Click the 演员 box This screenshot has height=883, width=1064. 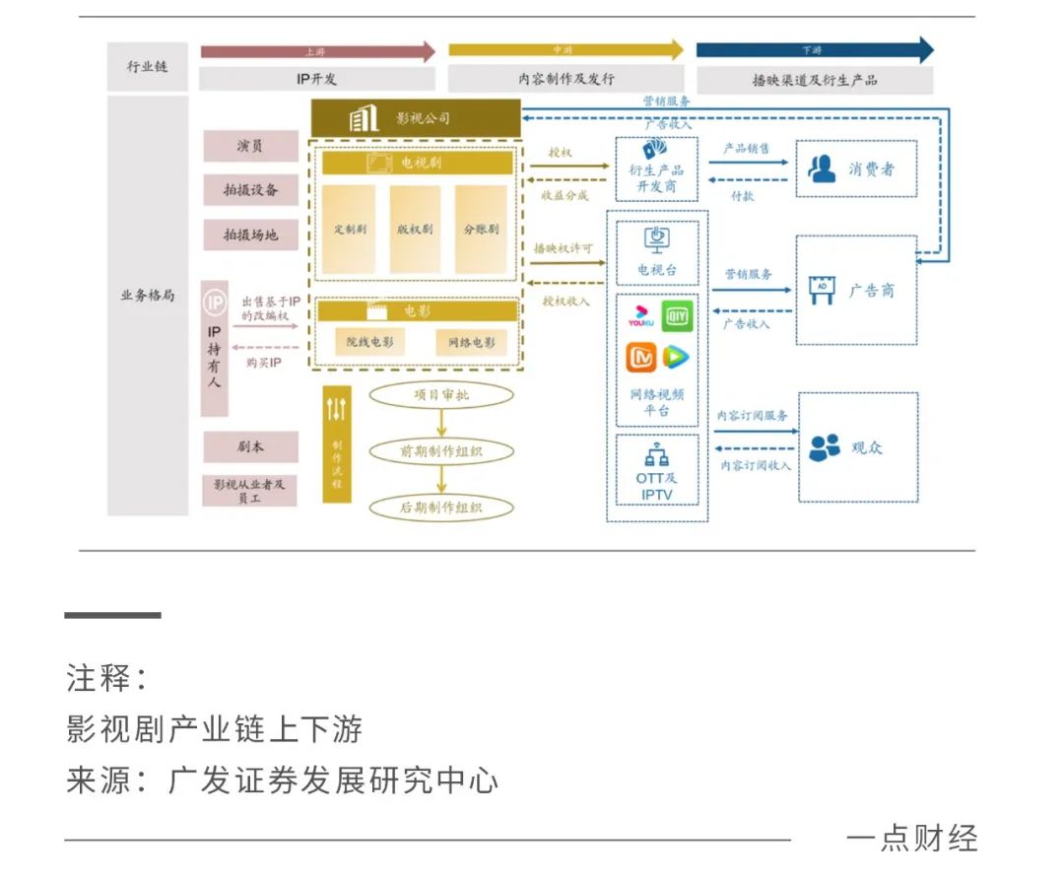point(250,146)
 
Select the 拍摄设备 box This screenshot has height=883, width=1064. point(250,190)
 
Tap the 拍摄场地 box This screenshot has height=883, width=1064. point(250,235)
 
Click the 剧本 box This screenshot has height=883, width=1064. point(250,446)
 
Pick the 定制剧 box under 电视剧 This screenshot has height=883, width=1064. point(349,229)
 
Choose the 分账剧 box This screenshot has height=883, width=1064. point(480,229)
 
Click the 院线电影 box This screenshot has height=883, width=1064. point(369,342)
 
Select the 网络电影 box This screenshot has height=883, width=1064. point(472,342)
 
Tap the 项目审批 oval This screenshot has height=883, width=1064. point(442,395)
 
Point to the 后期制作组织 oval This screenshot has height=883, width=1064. point(442,508)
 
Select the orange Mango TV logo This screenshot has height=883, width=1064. point(641,357)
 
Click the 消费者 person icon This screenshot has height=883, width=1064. point(822,169)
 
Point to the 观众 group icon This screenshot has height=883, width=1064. point(825,446)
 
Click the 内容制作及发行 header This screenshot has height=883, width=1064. point(565,79)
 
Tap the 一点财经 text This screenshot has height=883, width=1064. point(912,839)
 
